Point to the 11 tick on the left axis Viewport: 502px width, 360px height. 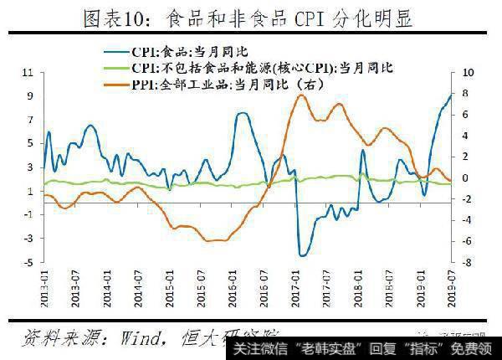27,73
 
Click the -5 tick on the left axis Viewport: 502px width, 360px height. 28,263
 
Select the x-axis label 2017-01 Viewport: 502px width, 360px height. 294,291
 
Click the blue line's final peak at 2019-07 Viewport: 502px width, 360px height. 451,95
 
